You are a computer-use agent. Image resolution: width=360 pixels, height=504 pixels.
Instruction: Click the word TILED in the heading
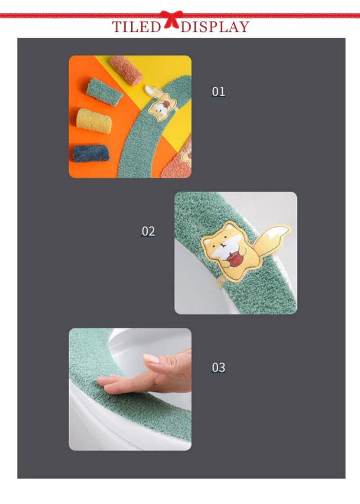tap(136, 26)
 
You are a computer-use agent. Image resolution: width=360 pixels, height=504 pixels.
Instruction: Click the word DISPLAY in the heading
tap(215, 26)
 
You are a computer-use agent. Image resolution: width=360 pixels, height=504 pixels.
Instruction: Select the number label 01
tap(218, 92)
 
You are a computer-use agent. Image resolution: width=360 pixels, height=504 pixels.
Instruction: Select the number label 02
tap(148, 231)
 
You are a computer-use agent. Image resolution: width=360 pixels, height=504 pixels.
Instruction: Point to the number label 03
tap(218, 367)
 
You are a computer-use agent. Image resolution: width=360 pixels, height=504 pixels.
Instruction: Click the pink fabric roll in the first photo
tap(127, 70)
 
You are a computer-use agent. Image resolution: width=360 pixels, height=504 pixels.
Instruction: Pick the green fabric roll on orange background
tap(104, 91)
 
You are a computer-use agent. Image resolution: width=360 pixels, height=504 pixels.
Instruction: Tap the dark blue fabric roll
tap(91, 154)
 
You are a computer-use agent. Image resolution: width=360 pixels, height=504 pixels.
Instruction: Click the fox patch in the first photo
tap(160, 102)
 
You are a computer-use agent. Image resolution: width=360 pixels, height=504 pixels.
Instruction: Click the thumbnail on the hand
tap(152, 359)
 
